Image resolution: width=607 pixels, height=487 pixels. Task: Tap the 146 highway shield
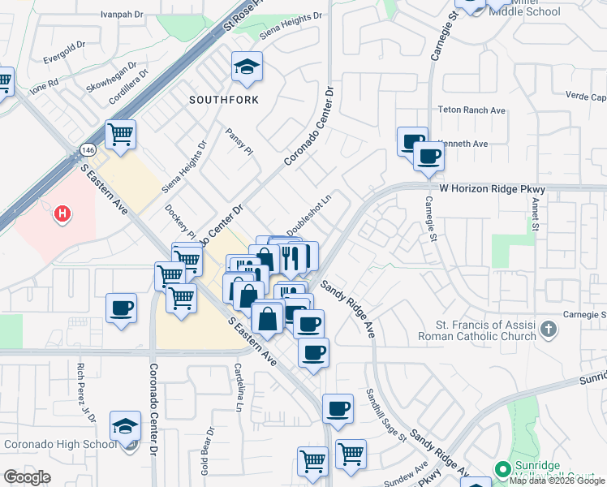tap(88, 150)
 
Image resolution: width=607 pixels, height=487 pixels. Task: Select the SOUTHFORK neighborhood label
tap(223, 100)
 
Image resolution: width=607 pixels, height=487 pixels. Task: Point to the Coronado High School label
tap(61, 444)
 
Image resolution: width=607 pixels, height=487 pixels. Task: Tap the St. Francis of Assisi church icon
tap(549, 329)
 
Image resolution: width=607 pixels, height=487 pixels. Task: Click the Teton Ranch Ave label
tap(471, 110)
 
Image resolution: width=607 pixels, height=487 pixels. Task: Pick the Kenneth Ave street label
tap(465, 144)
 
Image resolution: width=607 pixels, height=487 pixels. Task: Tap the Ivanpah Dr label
tap(122, 15)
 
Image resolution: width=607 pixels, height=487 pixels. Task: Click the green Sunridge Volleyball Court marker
tap(502, 469)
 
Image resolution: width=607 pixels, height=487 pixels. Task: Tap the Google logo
tap(27, 476)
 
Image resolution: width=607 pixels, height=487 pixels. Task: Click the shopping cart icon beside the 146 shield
tap(121, 135)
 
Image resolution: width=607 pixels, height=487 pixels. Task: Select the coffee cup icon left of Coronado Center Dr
tap(122, 308)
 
